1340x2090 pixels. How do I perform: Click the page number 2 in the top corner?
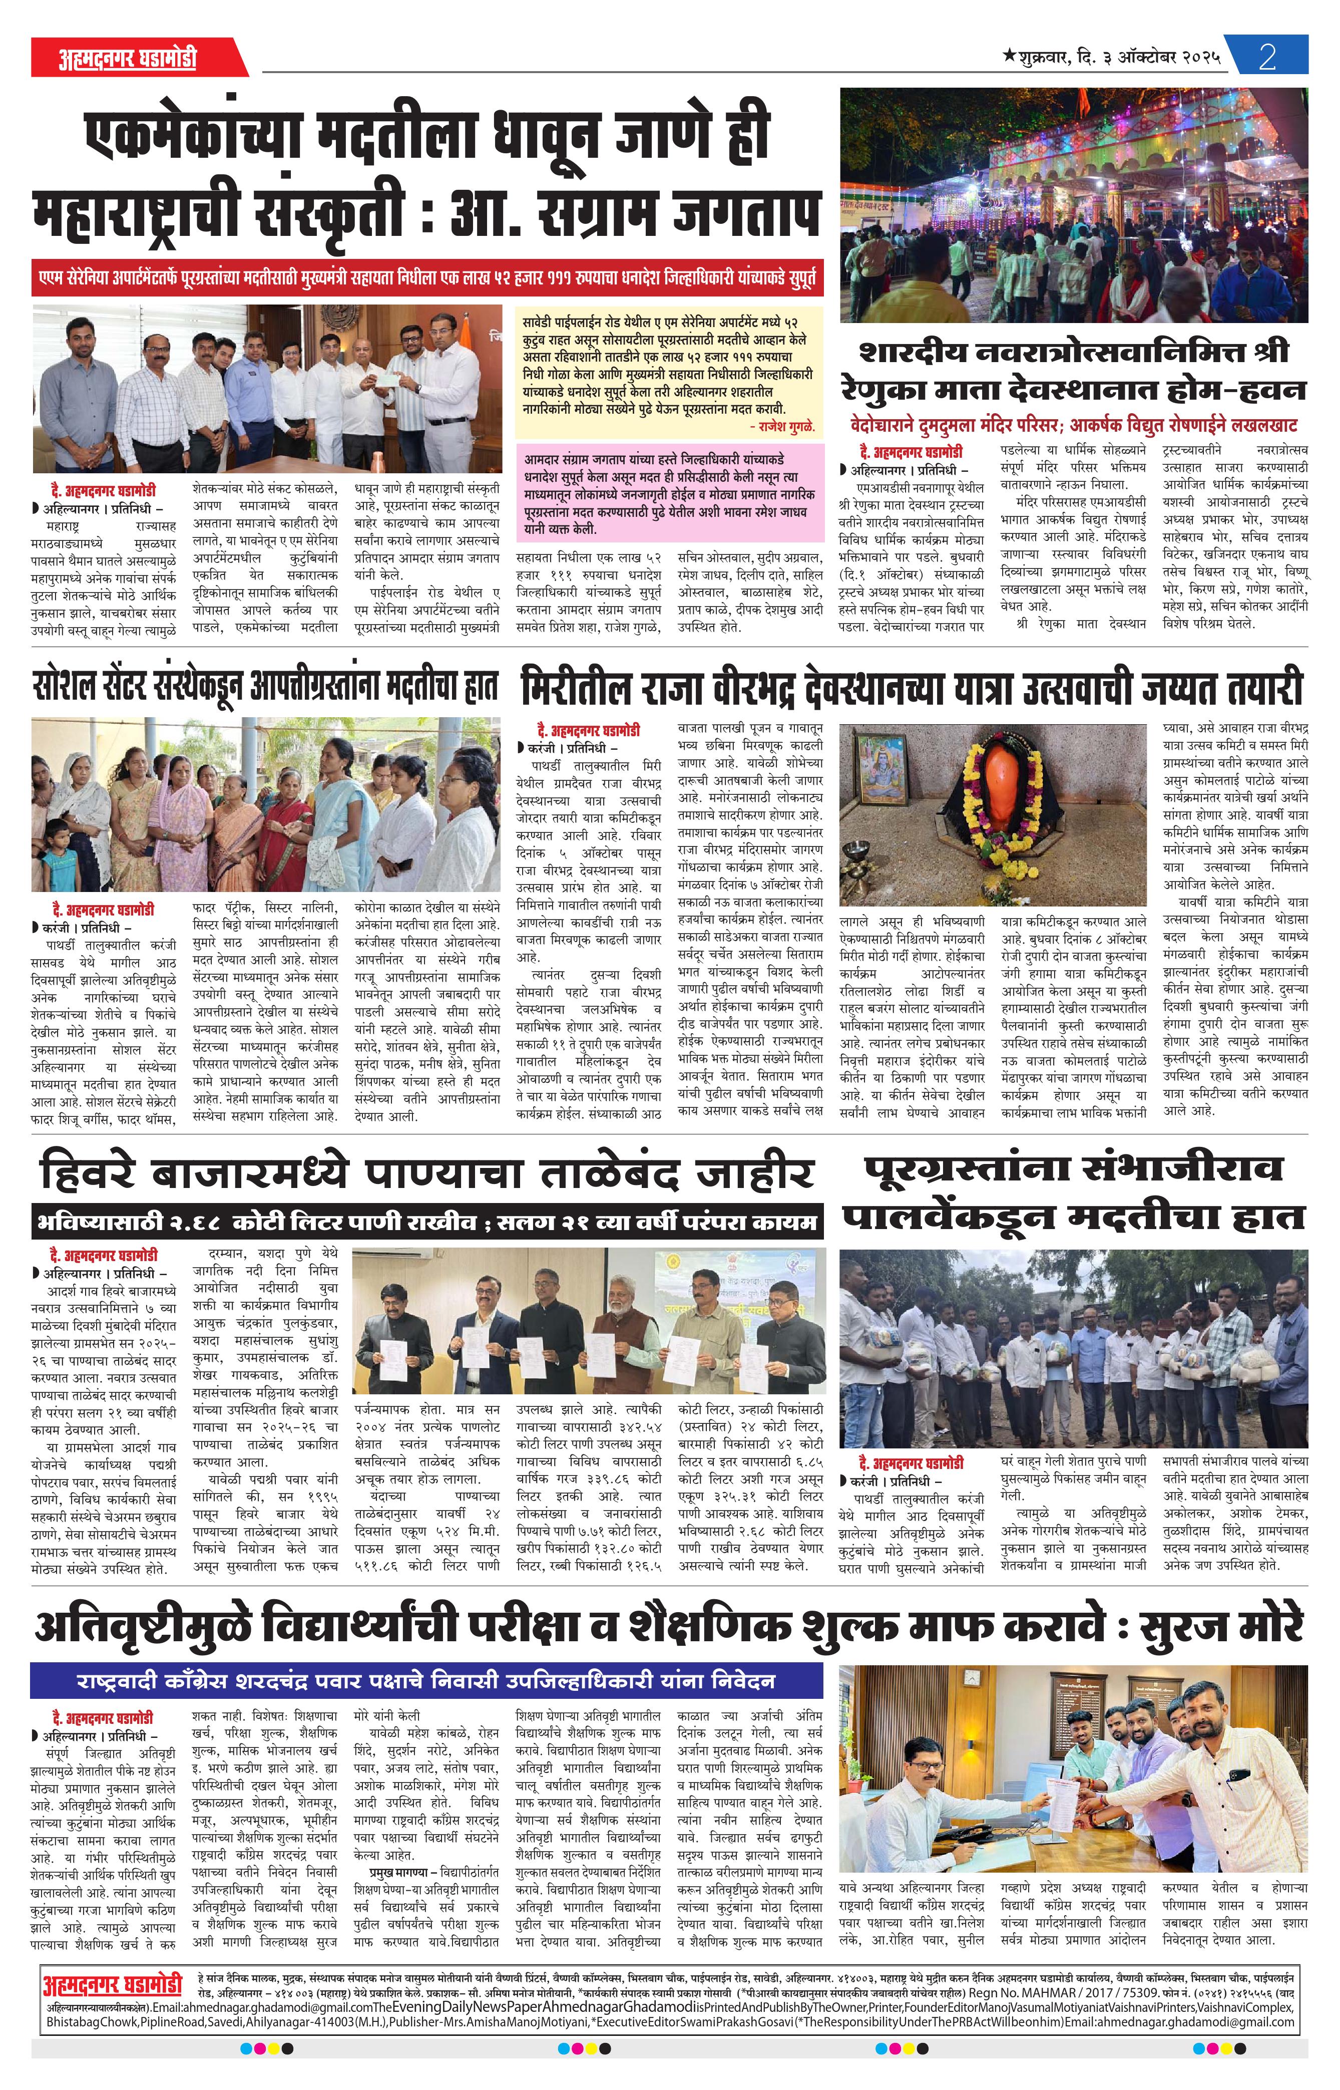(1267, 58)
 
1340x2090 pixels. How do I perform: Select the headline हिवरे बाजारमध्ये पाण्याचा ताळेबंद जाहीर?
(426, 1175)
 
